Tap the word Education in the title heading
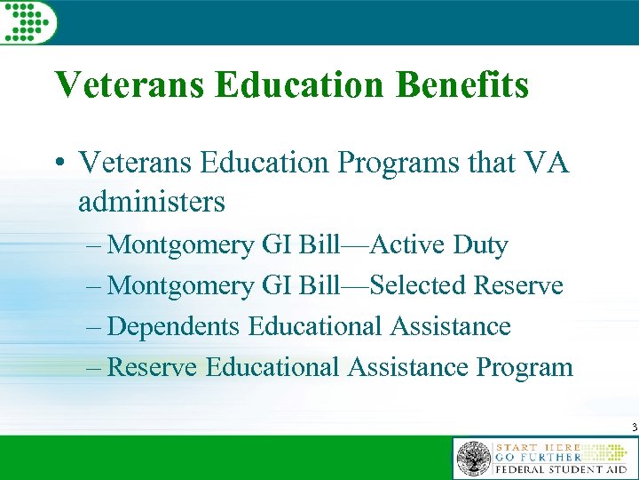pos(301,85)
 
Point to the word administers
pos(152,202)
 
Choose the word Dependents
pos(173,326)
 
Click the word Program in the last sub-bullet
pos(525,366)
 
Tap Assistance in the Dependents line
pos(450,326)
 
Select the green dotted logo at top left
pos(28,21)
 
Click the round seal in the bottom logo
pos(473,459)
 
